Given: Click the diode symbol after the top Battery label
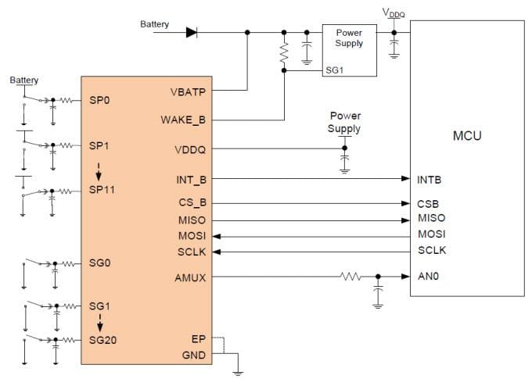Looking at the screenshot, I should tap(192, 32).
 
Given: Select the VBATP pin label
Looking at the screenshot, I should tap(188, 91).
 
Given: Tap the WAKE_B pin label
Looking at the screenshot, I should tap(185, 120).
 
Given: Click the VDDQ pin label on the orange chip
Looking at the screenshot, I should tap(190, 148).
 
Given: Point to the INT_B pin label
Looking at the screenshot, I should tap(191, 180).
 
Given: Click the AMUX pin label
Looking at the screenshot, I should tap(191, 277).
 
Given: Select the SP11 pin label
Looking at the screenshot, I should tap(103, 191).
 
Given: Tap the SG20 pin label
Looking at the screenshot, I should tap(104, 340).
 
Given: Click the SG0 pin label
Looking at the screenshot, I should tap(101, 263).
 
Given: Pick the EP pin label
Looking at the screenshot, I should tap(199, 340).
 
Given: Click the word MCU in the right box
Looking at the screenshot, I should tap(467, 136).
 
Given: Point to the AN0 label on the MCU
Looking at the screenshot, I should tap(427, 277).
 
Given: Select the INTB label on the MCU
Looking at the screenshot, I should tap(430, 180).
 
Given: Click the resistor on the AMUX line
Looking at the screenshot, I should tap(350, 277).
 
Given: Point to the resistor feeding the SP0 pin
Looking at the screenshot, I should tap(69, 100).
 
